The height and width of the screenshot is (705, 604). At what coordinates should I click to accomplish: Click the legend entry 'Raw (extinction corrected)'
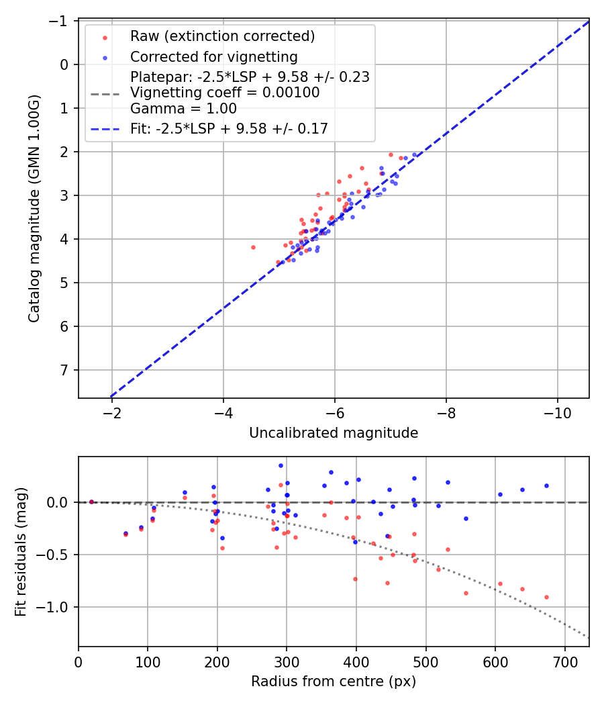tap(222, 36)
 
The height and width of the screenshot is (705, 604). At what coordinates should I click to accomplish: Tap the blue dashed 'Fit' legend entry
tap(229, 129)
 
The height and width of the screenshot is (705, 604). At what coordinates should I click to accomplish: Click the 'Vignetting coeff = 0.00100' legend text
tap(225, 92)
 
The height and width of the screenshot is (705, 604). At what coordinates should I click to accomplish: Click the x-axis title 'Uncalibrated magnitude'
tap(334, 433)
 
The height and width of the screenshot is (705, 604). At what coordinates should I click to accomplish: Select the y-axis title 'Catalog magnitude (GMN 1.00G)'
tap(34, 209)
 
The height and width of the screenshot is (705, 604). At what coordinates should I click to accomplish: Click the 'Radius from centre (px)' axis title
tap(334, 681)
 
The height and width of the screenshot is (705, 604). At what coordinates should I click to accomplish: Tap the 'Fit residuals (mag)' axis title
tap(21, 551)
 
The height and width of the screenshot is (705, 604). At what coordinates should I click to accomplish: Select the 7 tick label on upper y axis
tap(65, 370)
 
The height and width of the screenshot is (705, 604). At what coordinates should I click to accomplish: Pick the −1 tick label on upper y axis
tap(62, 21)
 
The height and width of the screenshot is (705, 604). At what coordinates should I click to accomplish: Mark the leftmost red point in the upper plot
tap(253, 247)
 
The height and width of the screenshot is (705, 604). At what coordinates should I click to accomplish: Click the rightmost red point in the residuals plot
tap(546, 597)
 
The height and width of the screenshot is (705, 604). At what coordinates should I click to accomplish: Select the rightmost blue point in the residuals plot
tap(546, 485)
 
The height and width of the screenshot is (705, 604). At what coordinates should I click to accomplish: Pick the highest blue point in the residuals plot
tap(281, 465)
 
